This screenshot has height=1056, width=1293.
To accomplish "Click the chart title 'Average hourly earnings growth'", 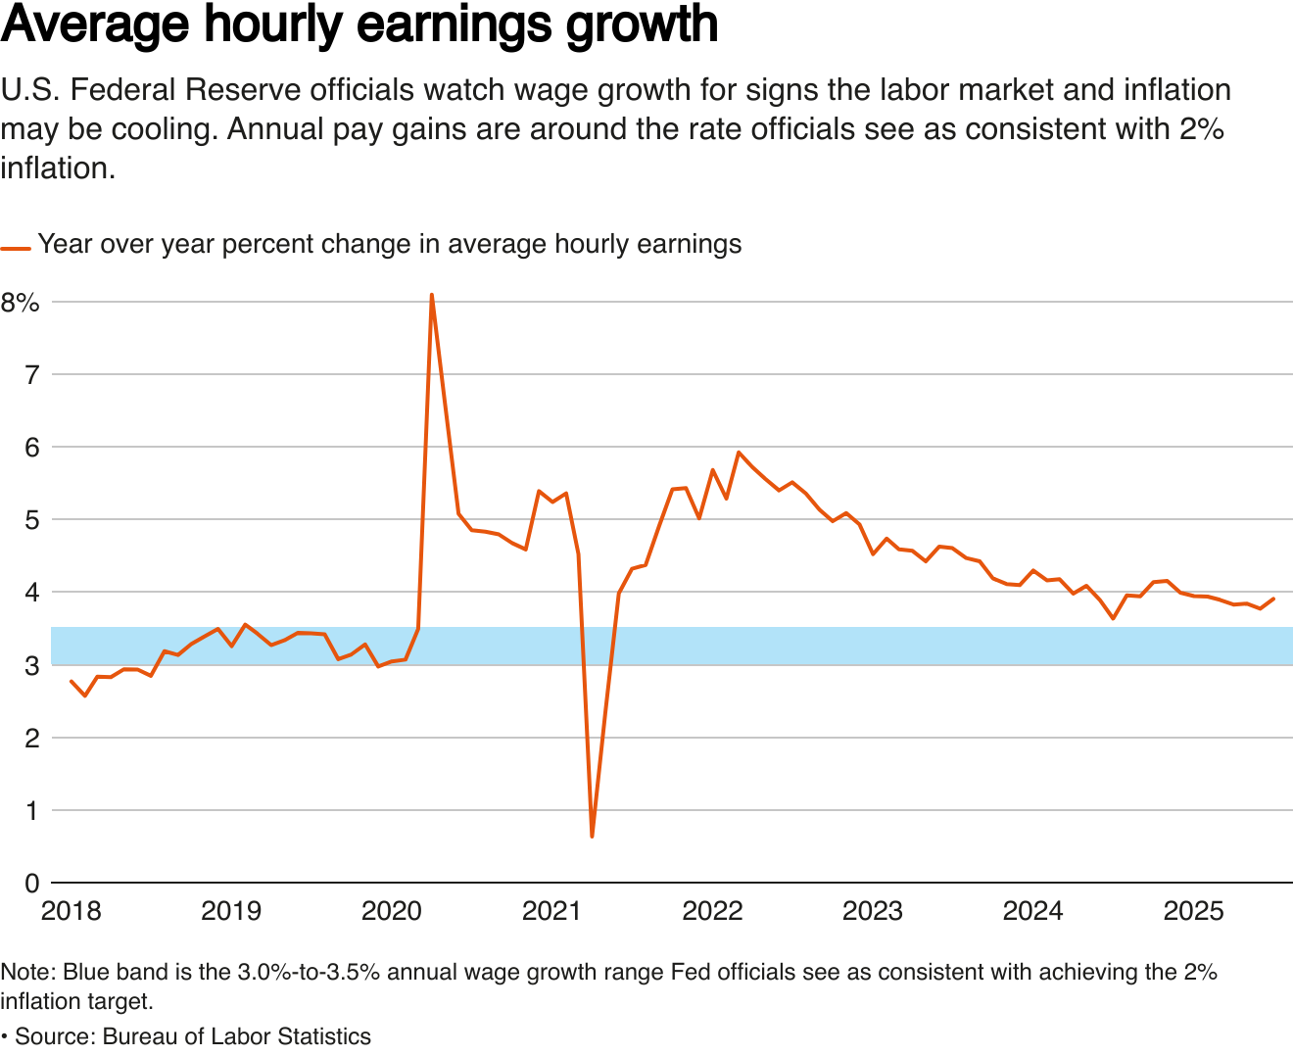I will [x=359, y=25].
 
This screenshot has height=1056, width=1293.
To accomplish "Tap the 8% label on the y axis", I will [x=21, y=302].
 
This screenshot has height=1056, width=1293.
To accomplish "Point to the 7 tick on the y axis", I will [x=31, y=374].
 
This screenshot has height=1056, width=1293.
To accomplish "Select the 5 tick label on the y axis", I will [x=31, y=519].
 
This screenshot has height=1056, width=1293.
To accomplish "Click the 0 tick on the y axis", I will [x=31, y=883].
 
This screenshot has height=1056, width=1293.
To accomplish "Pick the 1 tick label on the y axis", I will [x=31, y=810].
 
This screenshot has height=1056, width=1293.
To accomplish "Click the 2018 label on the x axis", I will [x=71, y=911].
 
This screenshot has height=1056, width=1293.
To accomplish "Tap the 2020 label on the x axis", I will [x=392, y=911].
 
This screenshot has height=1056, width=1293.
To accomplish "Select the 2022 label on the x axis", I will [x=712, y=911].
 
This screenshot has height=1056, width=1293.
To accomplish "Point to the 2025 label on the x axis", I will [x=1193, y=911].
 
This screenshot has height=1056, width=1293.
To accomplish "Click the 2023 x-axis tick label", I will [x=873, y=911].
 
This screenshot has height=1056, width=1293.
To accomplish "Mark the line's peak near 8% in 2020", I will [x=432, y=295].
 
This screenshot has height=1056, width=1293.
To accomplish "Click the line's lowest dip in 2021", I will [x=592, y=836].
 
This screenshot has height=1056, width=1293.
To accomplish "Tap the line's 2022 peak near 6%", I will [x=739, y=453].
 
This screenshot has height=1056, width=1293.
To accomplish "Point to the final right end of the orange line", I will [x=1273, y=599].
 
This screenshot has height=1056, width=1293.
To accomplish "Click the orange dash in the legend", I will [x=16, y=249].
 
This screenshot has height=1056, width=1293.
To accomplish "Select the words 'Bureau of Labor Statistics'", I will [x=236, y=1036].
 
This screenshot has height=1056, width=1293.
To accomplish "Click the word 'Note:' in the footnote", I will [x=27, y=972].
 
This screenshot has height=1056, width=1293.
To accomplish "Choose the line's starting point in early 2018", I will [x=72, y=681].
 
